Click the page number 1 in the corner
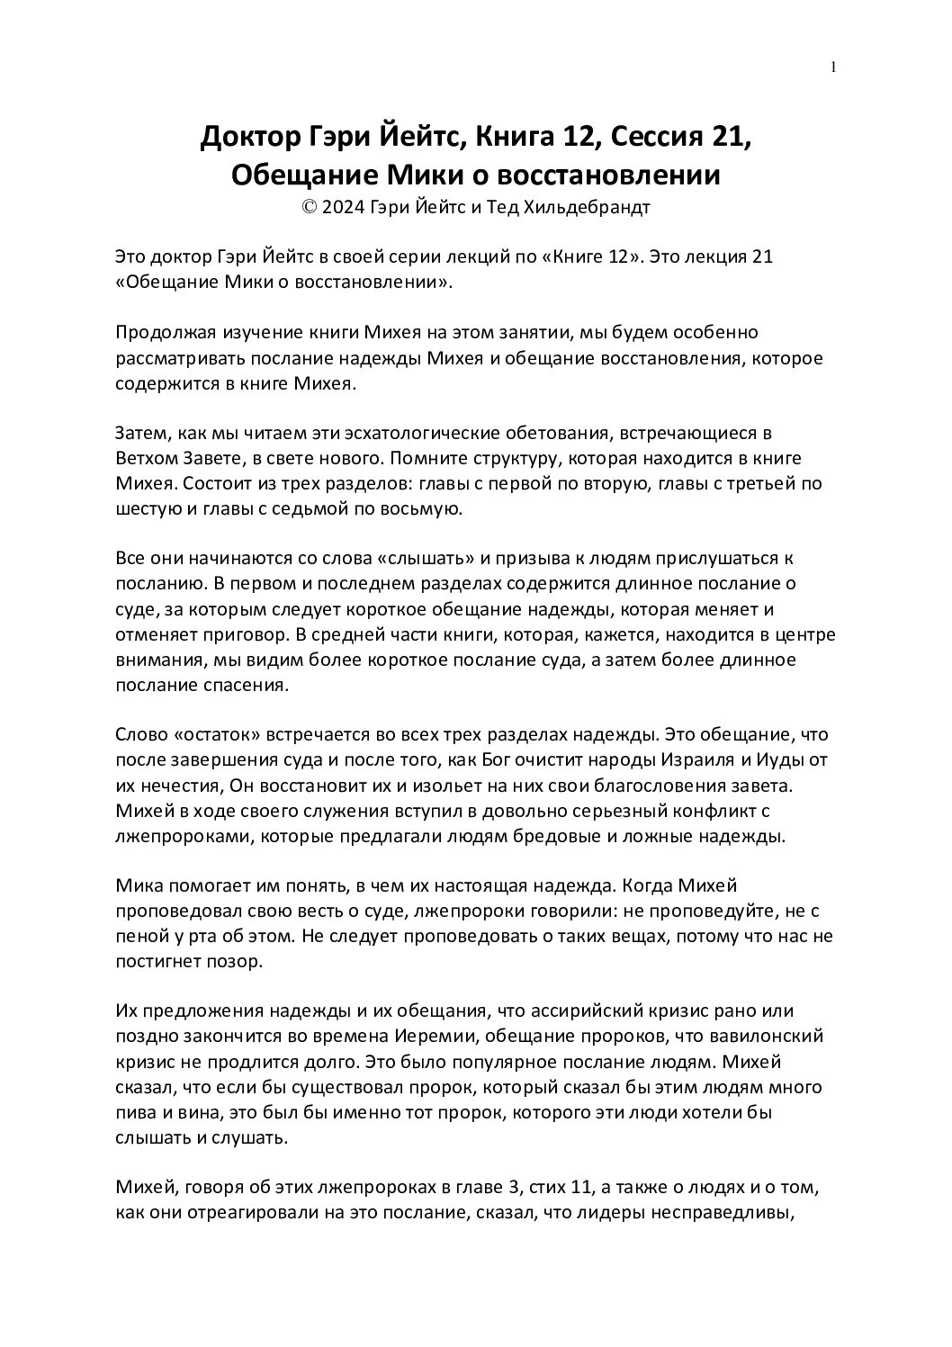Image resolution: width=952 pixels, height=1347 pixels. click(x=833, y=67)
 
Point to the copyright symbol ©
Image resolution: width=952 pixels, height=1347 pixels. click(x=310, y=207)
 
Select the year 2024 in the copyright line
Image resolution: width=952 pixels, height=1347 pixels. click(x=343, y=207)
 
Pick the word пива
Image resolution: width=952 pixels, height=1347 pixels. click(x=134, y=1112)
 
